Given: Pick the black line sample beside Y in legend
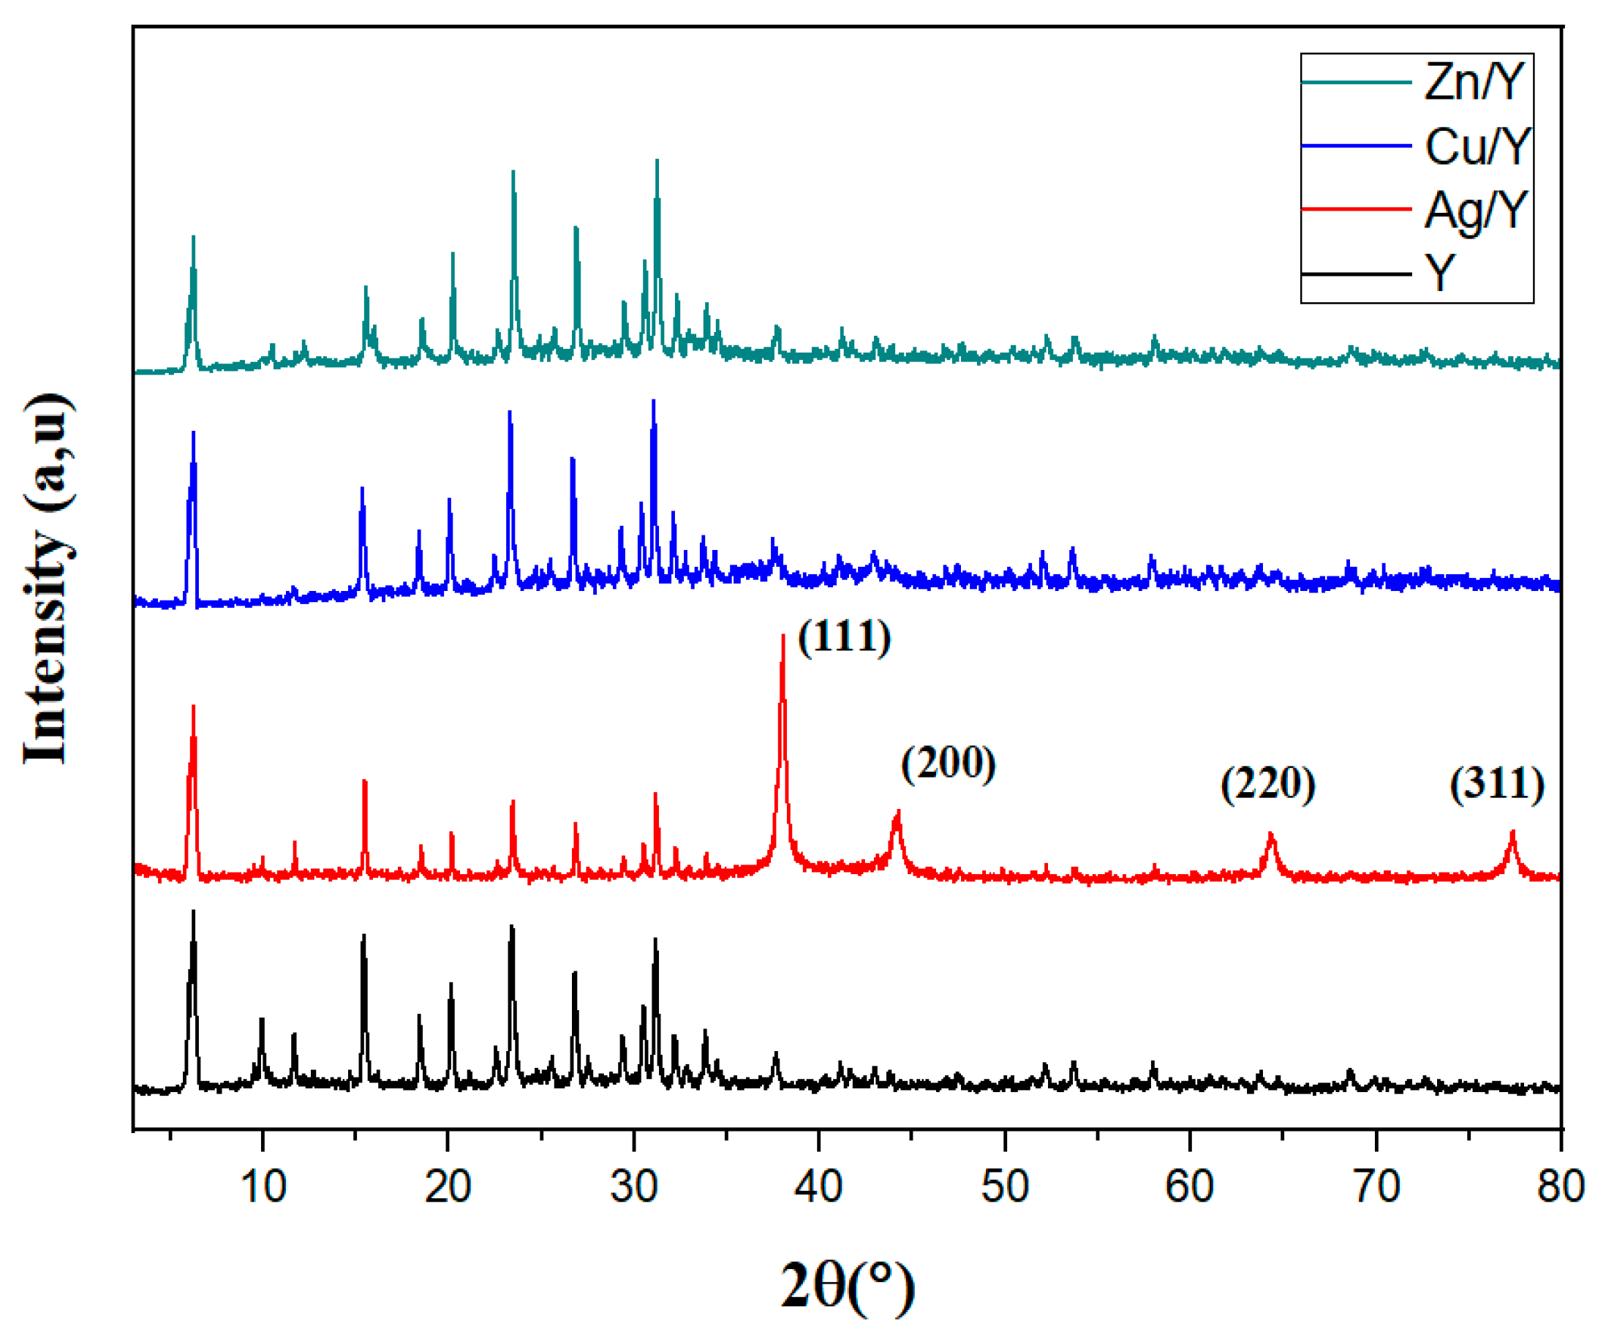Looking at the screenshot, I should coord(1356,273).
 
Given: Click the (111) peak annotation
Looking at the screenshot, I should coord(844,636).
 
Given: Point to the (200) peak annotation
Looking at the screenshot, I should coord(949,763).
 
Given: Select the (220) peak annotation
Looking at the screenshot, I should coord(1268,783).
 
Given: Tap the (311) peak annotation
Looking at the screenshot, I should coord(1496,783).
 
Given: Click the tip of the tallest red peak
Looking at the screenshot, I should coord(783,636).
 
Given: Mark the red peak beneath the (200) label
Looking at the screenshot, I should coord(898,812).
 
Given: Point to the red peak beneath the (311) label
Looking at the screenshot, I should coord(1512,832).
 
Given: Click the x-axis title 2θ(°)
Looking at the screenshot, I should coord(848,1287).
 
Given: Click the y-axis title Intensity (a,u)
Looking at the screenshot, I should coord(48,579).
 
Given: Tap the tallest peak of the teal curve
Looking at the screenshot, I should coord(657,162).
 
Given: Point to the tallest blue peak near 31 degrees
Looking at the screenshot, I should coord(653,402).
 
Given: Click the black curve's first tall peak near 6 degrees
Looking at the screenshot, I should coord(194,911).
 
